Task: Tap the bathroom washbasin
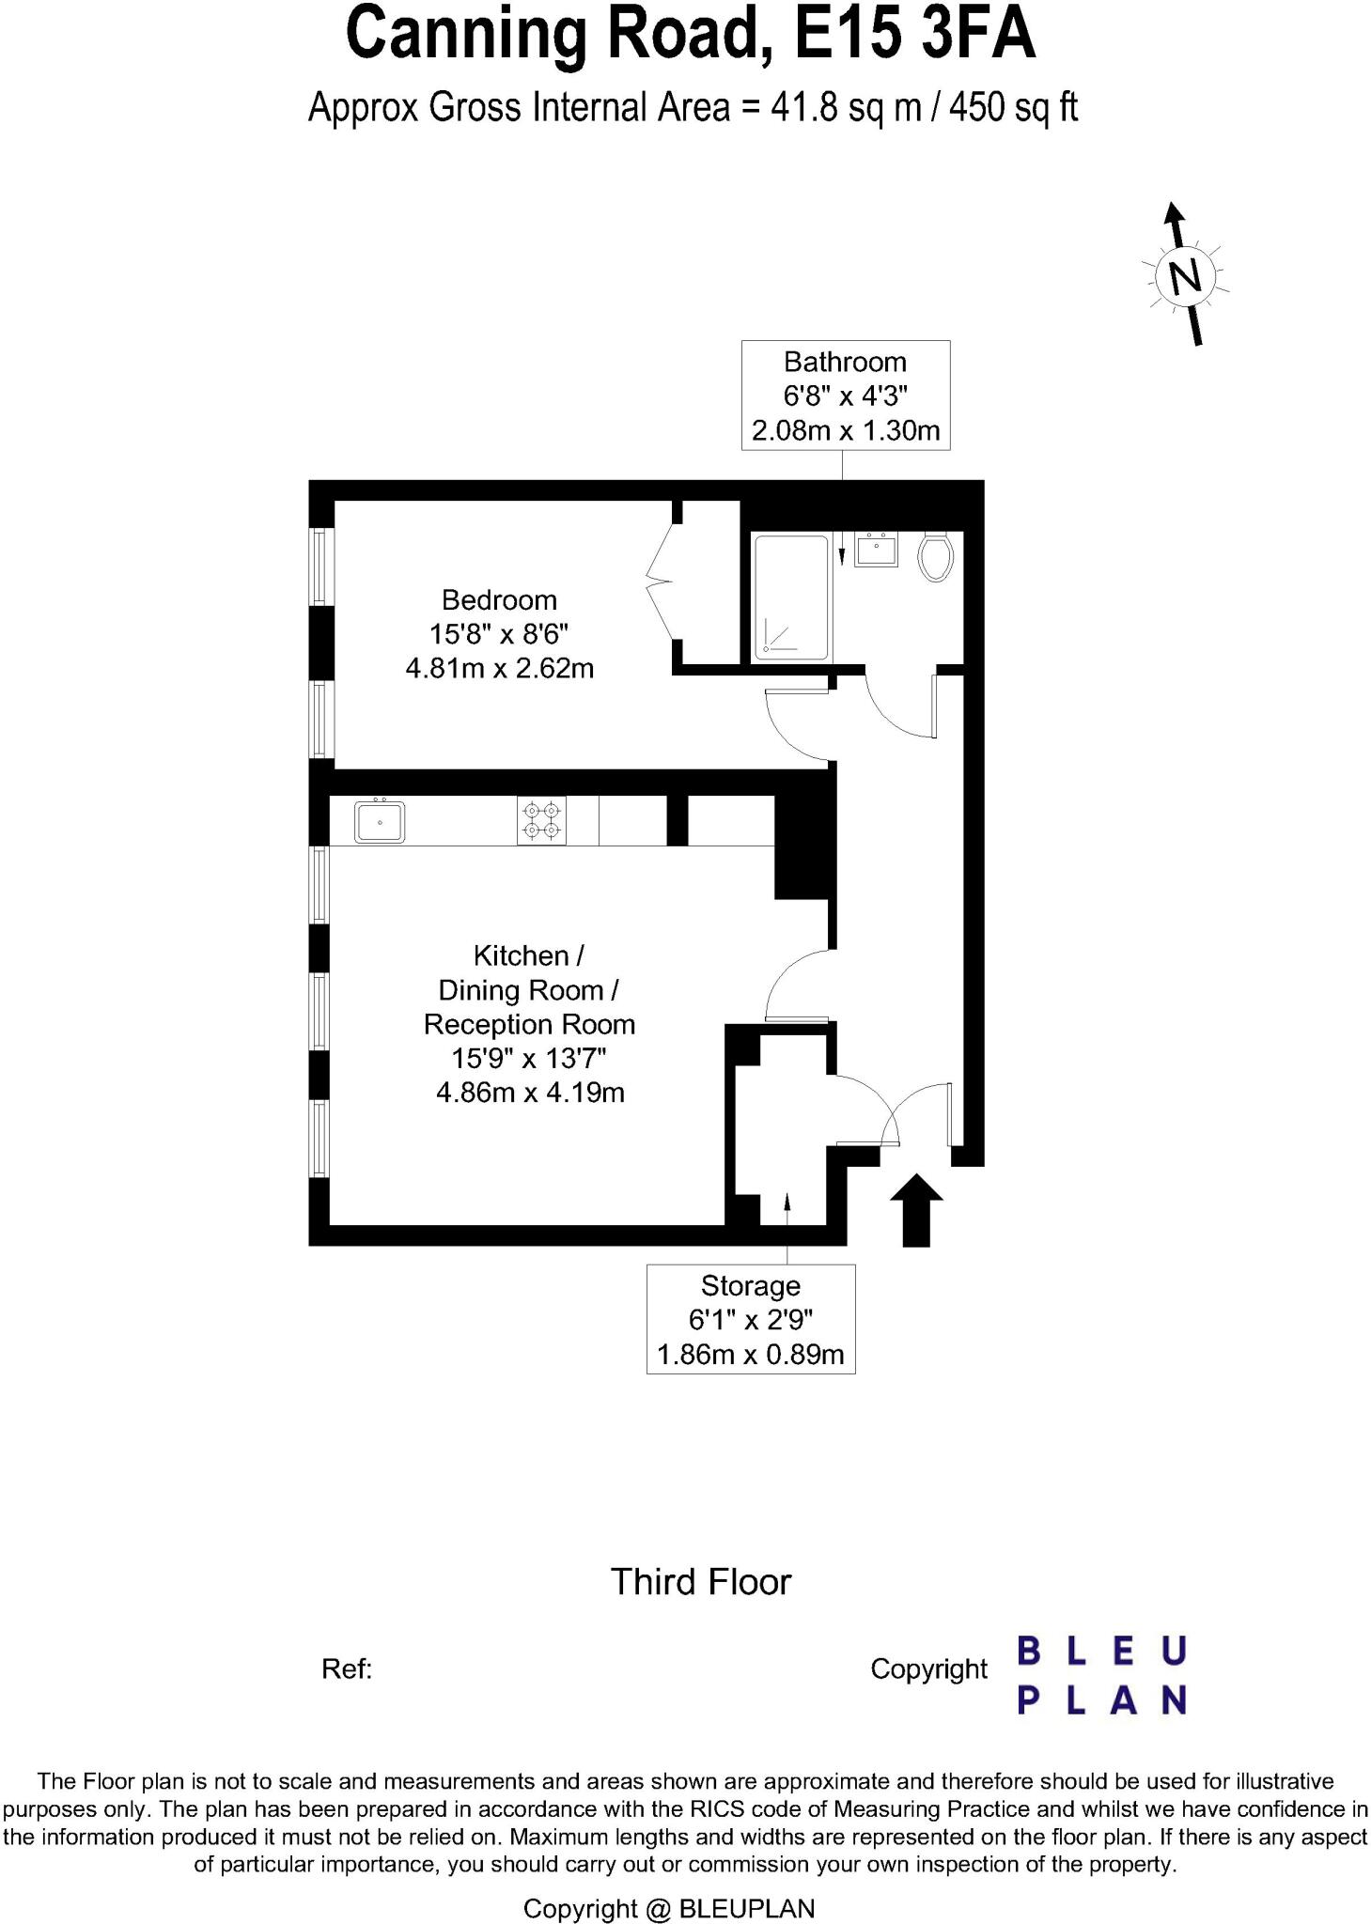pyautogui.click(x=877, y=550)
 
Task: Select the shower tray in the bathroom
pyautogui.click(x=792, y=597)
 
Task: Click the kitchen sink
pyautogui.click(x=380, y=821)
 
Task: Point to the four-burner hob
pyautogui.click(x=541, y=820)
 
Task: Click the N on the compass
pyautogui.click(x=1184, y=277)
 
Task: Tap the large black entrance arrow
pyautogui.click(x=916, y=1209)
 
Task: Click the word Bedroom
pyautogui.click(x=499, y=599)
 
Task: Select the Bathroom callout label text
pyautogui.click(x=845, y=362)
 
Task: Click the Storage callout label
pyautogui.click(x=750, y=1285)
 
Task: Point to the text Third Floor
pyautogui.click(x=701, y=1582)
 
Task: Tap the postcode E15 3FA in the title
pyautogui.click(x=914, y=36)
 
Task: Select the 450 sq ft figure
pyautogui.click(x=1013, y=108)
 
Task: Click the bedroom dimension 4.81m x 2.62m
pyautogui.click(x=499, y=669)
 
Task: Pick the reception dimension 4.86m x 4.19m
pyautogui.click(x=530, y=1093)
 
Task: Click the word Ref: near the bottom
pyautogui.click(x=347, y=1668)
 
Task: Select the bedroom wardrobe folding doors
pyautogui.click(x=661, y=582)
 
